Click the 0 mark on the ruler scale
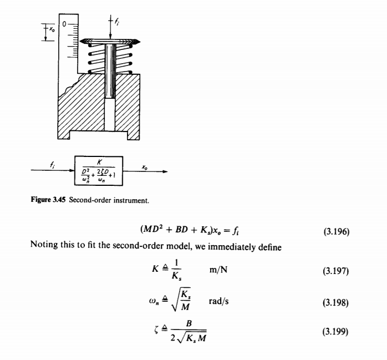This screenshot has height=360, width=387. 65,24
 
